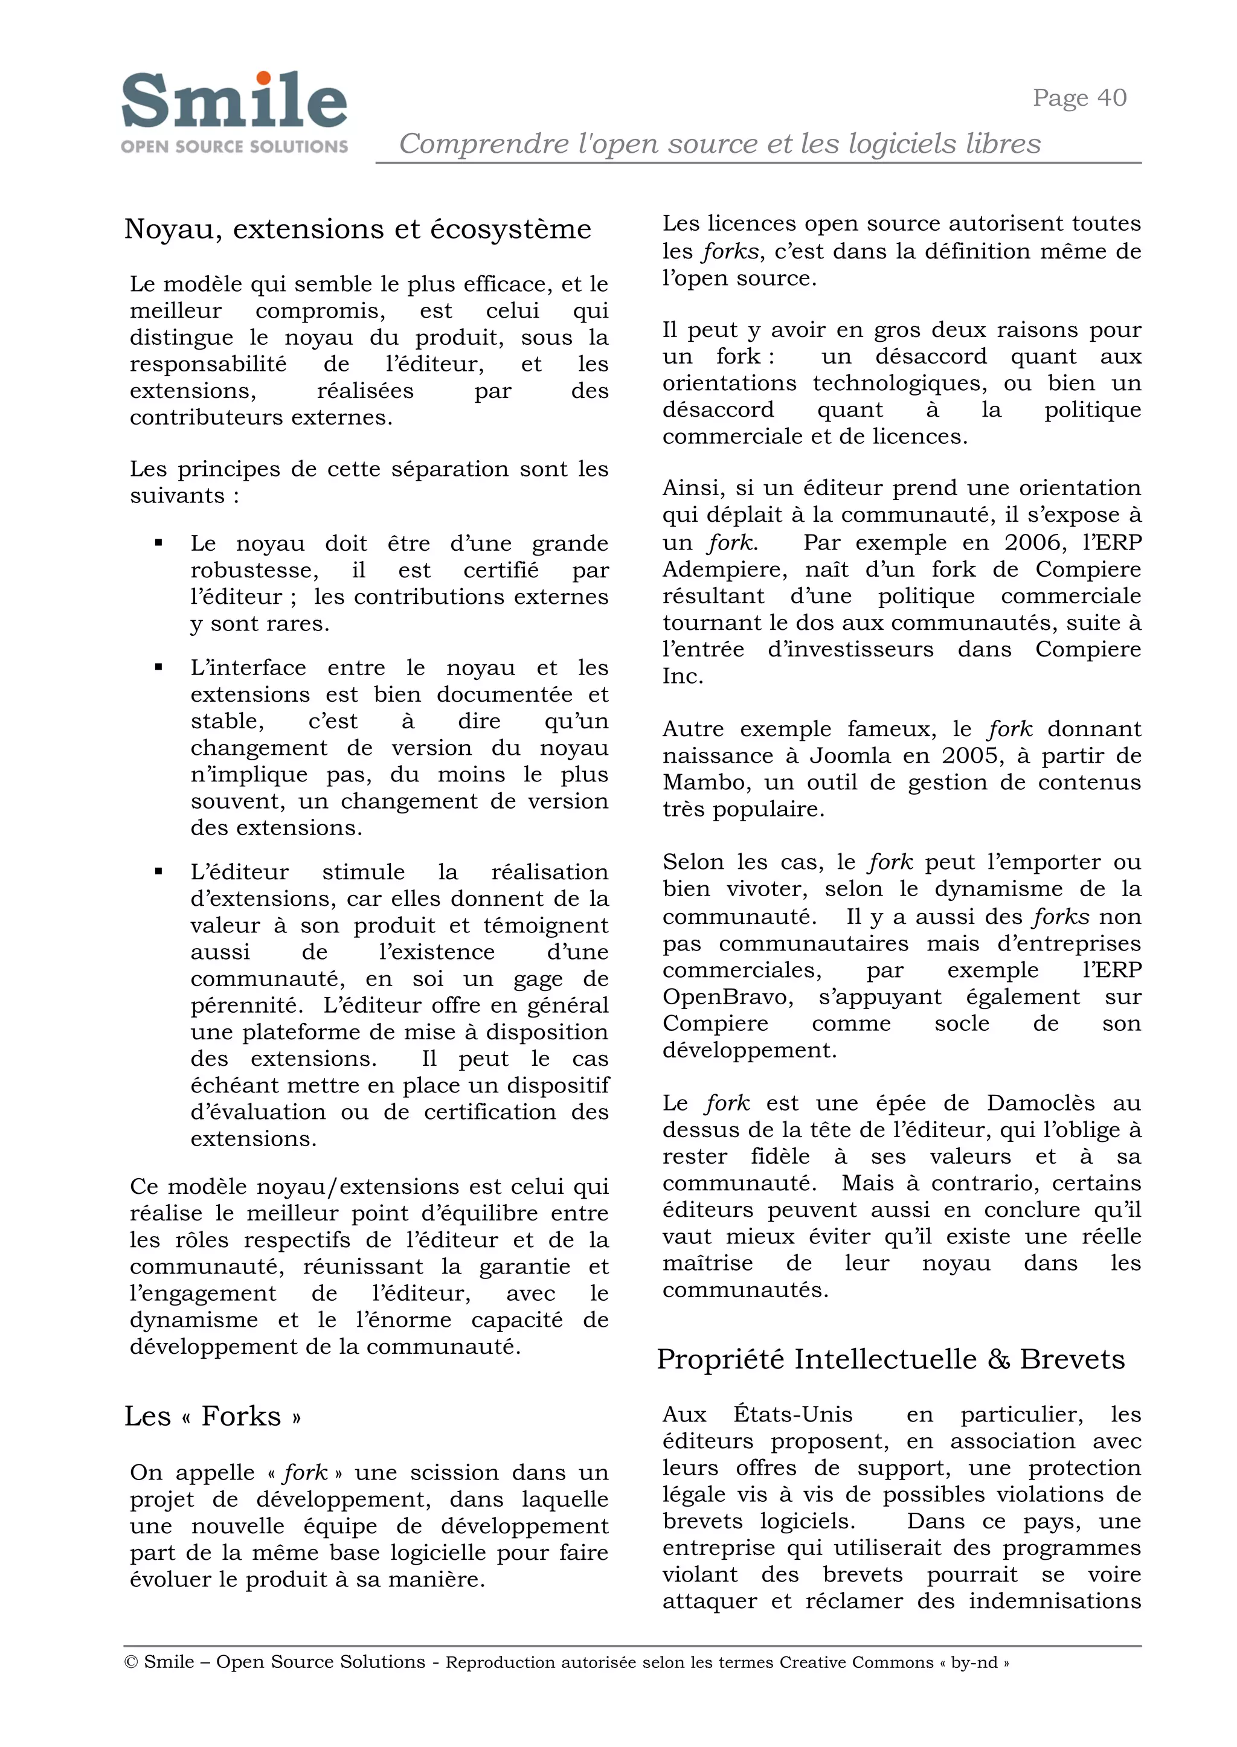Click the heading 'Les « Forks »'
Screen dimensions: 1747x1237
(213, 1415)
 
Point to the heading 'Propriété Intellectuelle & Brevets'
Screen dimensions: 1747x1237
(890, 1359)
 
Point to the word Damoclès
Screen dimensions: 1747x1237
(1041, 1103)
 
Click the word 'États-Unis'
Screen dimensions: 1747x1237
(793, 1414)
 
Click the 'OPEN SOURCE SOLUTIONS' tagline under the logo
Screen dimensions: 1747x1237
(234, 146)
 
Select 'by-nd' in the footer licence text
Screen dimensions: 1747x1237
(974, 1662)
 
